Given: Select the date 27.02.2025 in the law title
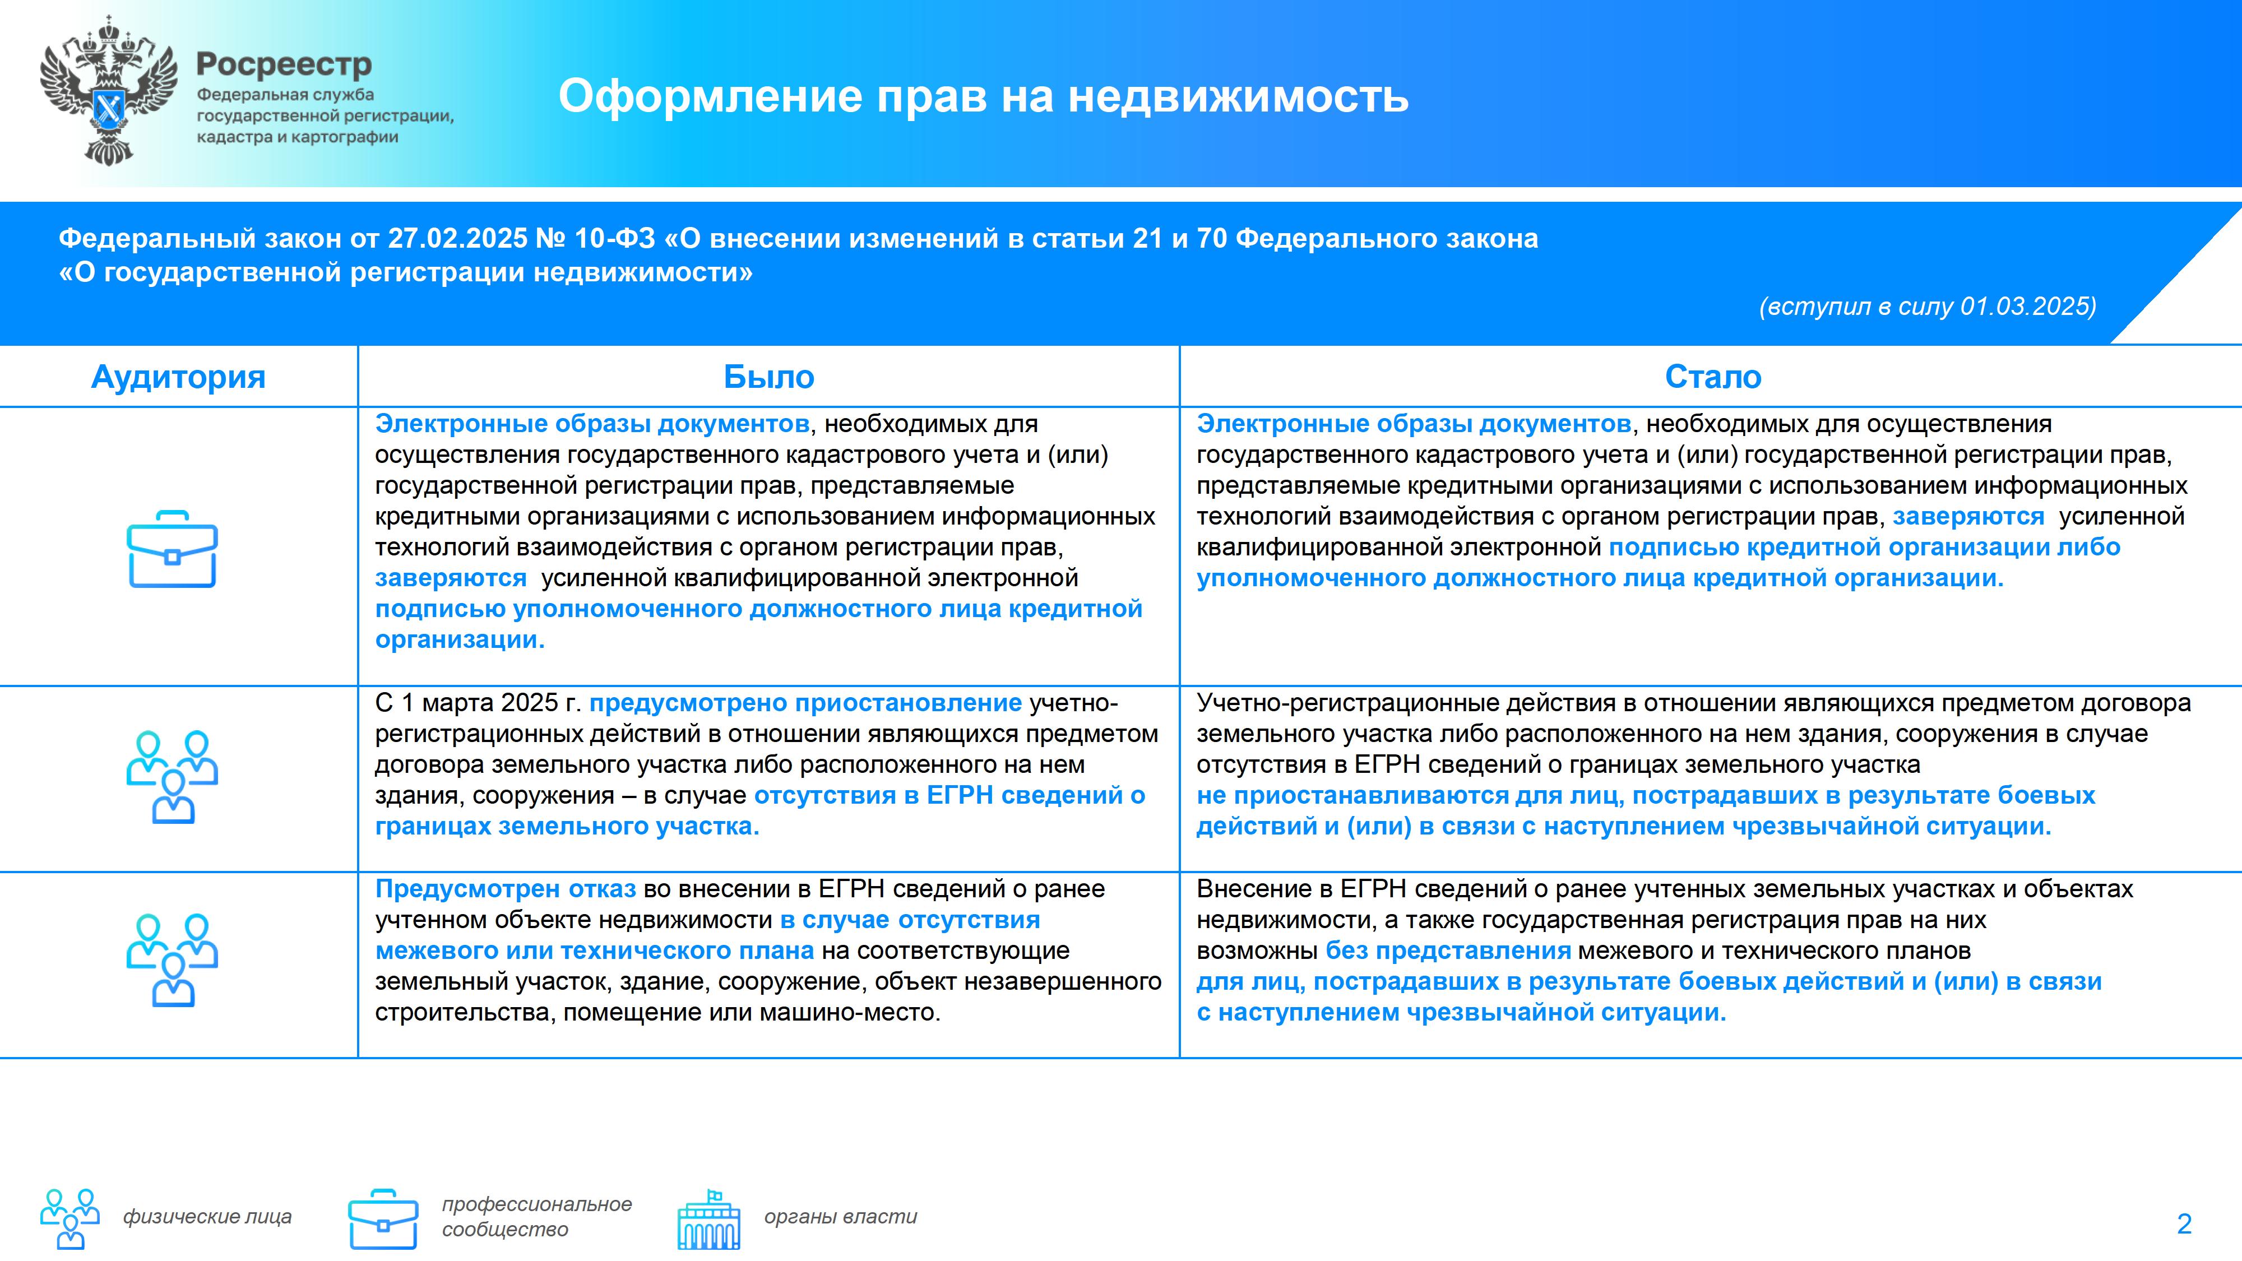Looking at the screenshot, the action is (458, 238).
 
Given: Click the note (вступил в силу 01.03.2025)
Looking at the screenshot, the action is (1928, 307).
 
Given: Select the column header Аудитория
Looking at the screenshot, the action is (178, 377).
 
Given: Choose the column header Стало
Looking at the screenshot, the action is (1713, 377).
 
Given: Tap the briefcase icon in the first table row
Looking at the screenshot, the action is (172, 549).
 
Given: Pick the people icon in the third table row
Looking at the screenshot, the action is (172, 961).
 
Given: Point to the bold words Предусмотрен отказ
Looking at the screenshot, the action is (506, 889).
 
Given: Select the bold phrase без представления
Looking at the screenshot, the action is (1448, 951).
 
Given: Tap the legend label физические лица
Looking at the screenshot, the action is (207, 1217).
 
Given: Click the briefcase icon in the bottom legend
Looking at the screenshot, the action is (383, 1218).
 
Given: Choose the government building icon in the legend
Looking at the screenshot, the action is (710, 1218).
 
